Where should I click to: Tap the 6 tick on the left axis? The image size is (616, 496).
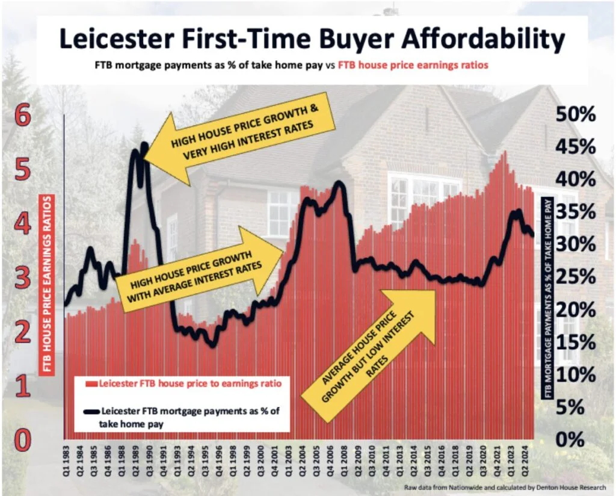pos(22,116)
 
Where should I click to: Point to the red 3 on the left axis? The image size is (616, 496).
pos(22,279)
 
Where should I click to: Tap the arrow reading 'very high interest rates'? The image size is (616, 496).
pos(241,134)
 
